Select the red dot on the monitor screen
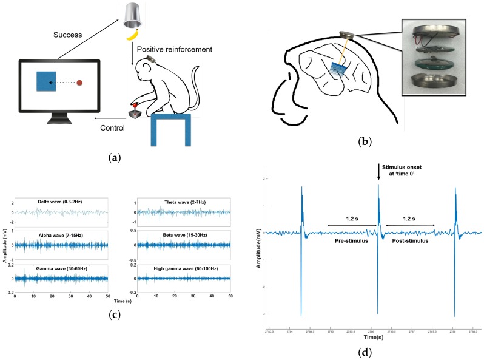tap(79, 82)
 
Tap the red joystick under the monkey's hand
tap(135, 108)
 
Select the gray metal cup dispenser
tap(131, 15)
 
